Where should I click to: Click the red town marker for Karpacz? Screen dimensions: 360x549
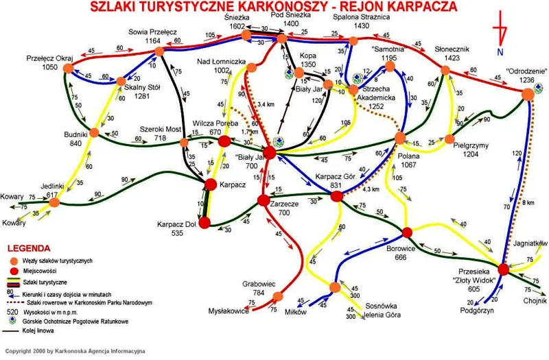[x=210, y=184]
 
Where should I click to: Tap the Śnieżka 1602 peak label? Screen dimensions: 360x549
[x=237, y=21]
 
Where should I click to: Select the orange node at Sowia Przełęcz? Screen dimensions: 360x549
[x=157, y=51]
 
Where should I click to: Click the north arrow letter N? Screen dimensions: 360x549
[x=501, y=51]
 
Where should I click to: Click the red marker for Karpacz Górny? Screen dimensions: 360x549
[x=336, y=196]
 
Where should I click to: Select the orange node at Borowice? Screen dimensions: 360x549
[x=406, y=232]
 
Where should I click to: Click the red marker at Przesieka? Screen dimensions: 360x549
[x=503, y=268]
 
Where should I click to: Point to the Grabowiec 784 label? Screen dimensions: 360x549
[x=259, y=289]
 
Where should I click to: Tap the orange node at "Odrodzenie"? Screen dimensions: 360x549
[x=527, y=95]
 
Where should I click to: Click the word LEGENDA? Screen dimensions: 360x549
[x=27, y=248]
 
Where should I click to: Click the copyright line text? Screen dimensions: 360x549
[x=75, y=350]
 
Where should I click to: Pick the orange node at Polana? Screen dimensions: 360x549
[x=401, y=139]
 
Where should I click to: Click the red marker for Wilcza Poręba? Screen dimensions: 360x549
[x=224, y=142]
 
